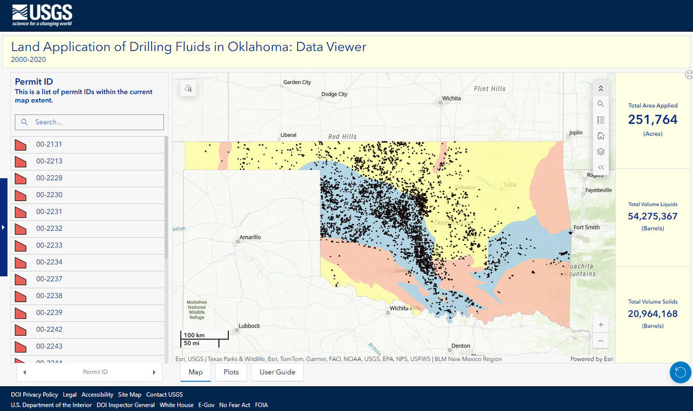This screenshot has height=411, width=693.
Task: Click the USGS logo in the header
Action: point(42,15)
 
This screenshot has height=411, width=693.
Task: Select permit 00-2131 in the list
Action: point(49,145)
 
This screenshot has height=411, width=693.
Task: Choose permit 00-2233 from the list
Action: point(49,245)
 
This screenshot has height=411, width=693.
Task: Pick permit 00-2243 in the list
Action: point(49,346)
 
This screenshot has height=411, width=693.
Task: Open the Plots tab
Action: point(231,372)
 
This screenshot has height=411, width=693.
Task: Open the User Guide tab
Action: point(277,372)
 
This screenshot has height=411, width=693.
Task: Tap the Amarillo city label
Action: point(250,237)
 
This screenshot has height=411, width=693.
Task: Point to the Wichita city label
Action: point(451,98)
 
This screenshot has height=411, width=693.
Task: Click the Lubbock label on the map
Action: point(249,326)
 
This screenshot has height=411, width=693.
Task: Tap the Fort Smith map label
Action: point(586,228)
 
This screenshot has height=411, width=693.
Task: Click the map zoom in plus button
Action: point(601,325)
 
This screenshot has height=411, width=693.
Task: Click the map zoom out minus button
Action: point(601,341)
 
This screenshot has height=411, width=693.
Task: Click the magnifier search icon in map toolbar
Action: point(601,104)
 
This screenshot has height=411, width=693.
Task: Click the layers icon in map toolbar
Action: point(601,152)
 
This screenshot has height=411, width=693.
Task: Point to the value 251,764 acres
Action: point(653,120)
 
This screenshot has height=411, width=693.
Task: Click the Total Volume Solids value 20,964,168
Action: point(653,314)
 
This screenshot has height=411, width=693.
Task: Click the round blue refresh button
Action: point(680,372)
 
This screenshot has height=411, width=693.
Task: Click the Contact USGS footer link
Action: point(164,394)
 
